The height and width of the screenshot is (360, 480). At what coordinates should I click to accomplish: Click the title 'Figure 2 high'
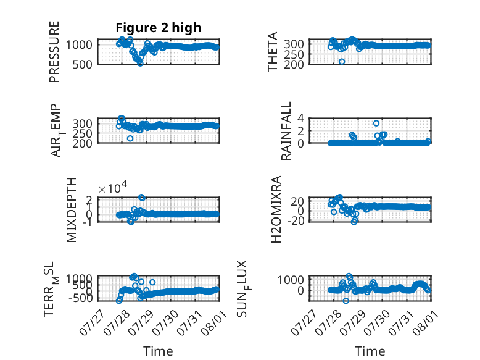click(x=159, y=28)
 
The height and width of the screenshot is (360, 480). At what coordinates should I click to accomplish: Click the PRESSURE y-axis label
click(x=54, y=52)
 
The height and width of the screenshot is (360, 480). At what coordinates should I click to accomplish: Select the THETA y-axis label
click(x=272, y=52)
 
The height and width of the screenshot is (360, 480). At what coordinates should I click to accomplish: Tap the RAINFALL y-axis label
click(x=286, y=131)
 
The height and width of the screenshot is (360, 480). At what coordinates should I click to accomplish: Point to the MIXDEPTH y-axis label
click(x=71, y=210)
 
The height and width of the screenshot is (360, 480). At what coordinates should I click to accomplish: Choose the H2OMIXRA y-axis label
click(x=276, y=209)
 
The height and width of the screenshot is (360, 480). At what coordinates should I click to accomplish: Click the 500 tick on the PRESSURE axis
click(x=82, y=65)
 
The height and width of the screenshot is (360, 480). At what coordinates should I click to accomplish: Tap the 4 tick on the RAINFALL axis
click(x=300, y=118)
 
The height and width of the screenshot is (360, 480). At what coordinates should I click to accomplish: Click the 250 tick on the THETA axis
click(x=294, y=54)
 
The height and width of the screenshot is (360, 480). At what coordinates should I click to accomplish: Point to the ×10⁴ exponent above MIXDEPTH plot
click(x=113, y=188)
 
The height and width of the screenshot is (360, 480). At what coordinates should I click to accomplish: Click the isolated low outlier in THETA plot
click(x=342, y=62)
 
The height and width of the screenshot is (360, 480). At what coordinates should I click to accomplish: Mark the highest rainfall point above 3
click(x=376, y=123)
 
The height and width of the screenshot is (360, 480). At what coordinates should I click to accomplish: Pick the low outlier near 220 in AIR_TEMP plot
click(x=130, y=138)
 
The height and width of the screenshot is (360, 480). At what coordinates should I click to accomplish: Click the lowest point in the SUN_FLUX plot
click(x=346, y=301)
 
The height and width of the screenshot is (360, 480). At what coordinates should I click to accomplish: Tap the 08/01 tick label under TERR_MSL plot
click(x=214, y=323)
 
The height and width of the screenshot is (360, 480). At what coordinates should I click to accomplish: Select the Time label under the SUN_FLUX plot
click(x=370, y=351)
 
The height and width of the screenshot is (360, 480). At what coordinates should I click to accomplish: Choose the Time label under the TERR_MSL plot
click(x=159, y=351)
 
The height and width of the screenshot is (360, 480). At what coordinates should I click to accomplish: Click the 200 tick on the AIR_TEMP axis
click(x=82, y=143)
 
